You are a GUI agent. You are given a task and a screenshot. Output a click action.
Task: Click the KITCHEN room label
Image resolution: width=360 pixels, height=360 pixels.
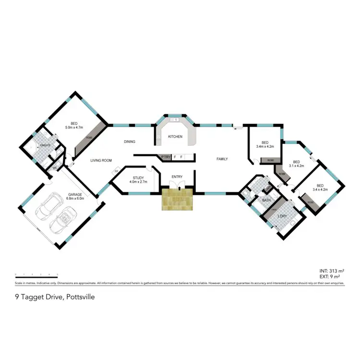click(x=175, y=137)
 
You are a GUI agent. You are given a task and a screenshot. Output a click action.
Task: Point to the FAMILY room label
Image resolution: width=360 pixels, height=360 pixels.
click(x=222, y=159)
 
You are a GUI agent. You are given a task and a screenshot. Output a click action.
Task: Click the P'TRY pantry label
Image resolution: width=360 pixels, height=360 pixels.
click(x=166, y=157)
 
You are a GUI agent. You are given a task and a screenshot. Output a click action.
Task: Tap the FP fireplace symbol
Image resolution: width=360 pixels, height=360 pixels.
click(x=116, y=171)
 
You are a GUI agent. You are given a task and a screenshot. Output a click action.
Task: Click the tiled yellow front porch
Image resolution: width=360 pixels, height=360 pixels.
click(x=177, y=199)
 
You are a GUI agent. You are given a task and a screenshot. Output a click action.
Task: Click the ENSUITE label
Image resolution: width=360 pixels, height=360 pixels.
click(x=46, y=144)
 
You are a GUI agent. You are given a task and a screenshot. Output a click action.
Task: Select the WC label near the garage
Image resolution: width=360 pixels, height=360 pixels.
click(x=54, y=161)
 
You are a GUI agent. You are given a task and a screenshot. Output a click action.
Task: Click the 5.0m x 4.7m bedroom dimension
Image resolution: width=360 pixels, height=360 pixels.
click(x=74, y=128)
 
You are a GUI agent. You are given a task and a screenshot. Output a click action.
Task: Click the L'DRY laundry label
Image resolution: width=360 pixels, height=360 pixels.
click(x=282, y=216)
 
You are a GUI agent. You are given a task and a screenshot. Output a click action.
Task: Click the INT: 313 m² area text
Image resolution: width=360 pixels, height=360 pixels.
click(x=331, y=271)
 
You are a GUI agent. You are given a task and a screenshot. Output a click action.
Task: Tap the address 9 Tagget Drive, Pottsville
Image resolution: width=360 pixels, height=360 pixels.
click(x=55, y=297)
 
